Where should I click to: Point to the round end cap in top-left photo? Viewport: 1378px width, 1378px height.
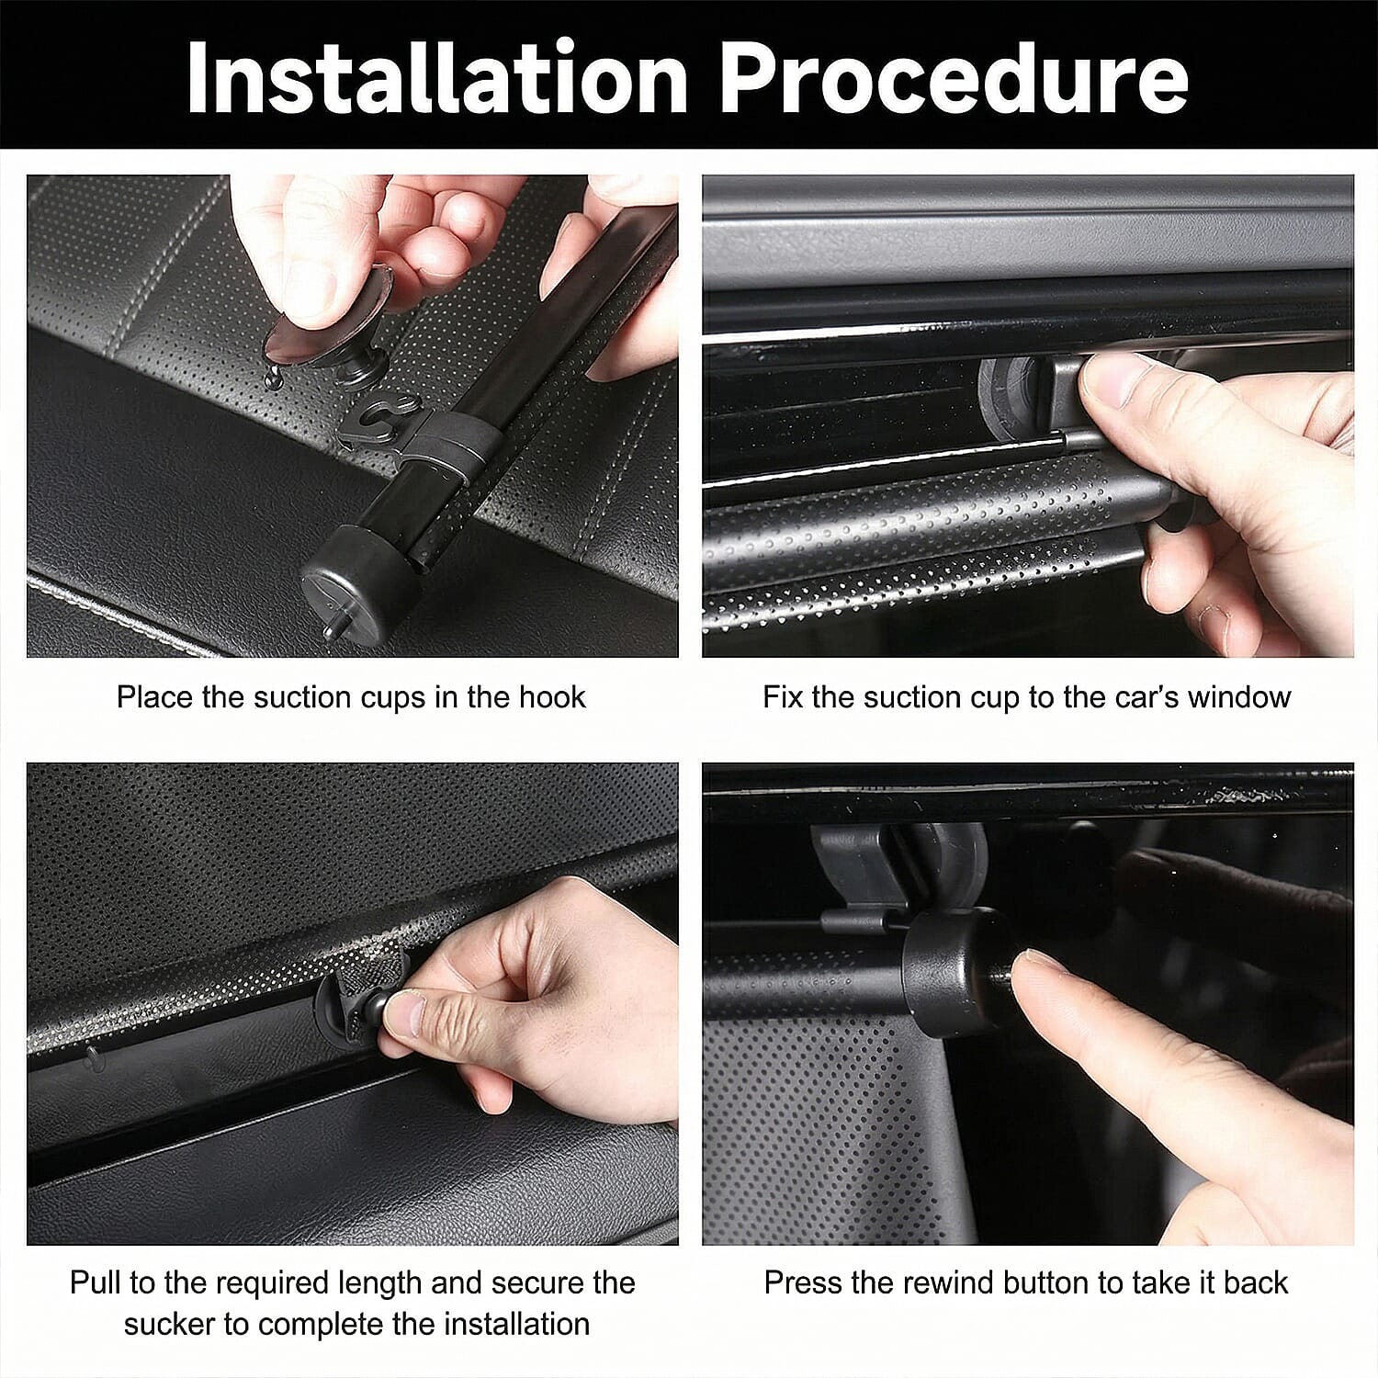[354, 583]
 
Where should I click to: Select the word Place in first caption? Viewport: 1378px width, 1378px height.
[154, 697]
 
